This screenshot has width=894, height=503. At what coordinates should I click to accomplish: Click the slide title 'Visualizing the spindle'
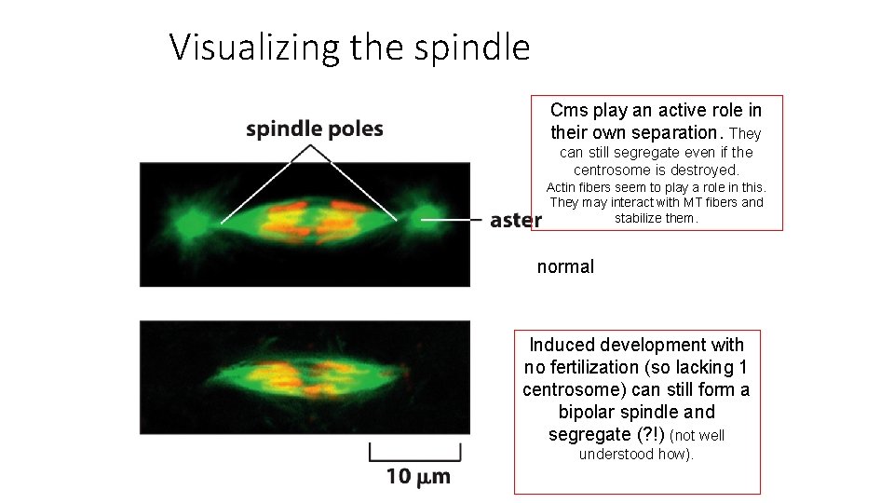pyautogui.click(x=349, y=46)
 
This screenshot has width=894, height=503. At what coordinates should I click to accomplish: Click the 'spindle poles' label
pyautogui.click(x=314, y=129)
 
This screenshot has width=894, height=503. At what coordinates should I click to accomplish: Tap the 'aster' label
pyautogui.click(x=515, y=220)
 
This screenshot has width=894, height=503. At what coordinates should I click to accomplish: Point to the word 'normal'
pyautogui.click(x=565, y=267)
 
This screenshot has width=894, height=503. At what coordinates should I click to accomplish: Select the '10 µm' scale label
pyautogui.click(x=417, y=477)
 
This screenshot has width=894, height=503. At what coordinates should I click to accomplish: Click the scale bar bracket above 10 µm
pyautogui.click(x=415, y=454)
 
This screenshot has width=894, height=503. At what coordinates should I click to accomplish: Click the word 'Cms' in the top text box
pyautogui.click(x=569, y=111)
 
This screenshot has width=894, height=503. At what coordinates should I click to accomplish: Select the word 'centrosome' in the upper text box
pyautogui.click(x=612, y=170)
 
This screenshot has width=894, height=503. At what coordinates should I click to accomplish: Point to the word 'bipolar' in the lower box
pyautogui.click(x=588, y=412)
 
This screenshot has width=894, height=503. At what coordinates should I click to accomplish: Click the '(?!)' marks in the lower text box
pyautogui.click(x=650, y=434)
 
